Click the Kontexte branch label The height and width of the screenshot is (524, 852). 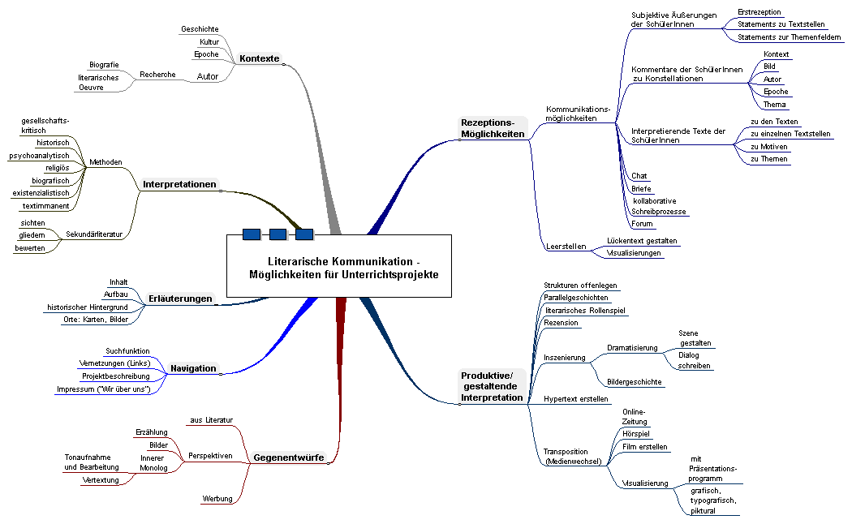[259, 58]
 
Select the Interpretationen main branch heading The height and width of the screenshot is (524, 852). [179, 185]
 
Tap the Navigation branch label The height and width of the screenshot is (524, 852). [193, 368]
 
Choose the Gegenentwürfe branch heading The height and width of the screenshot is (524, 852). [289, 457]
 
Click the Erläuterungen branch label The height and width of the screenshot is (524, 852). [180, 299]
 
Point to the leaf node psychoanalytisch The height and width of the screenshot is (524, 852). [39, 155]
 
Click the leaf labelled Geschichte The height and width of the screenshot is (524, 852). [199, 29]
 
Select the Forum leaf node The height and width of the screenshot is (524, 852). [642, 224]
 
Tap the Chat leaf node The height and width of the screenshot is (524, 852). [639, 176]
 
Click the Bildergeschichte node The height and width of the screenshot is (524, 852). [634, 382]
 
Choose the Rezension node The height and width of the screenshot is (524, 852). [562, 323]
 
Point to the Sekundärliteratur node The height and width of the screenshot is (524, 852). [94, 234]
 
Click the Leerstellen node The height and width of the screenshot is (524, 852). [566, 246]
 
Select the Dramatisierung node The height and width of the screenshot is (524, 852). [632, 348]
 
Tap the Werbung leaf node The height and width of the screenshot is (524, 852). [217, 498]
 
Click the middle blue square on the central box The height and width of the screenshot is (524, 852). [278, 234]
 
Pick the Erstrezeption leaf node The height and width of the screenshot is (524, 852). [759, 12]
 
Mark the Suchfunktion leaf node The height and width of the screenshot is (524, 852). [127, 350]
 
